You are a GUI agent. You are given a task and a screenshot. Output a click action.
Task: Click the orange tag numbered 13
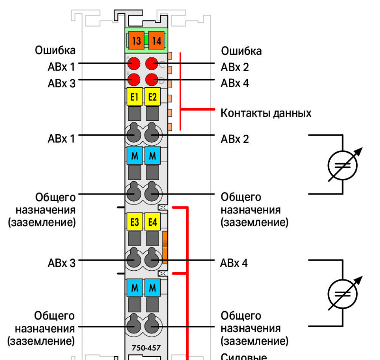pos(136,40)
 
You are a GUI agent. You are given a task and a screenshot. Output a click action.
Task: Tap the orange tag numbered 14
pos(156,40)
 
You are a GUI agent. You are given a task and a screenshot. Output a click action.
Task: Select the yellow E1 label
pos(135,97)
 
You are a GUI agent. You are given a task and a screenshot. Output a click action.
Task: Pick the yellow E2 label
pos(153,97)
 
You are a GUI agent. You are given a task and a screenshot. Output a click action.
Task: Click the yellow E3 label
pos(135,222)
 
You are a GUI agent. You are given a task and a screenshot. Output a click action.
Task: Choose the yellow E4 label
pos(153,222)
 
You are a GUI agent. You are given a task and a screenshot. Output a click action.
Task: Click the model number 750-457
pos(146,348)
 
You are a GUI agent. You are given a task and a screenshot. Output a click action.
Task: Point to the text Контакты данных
pos(266,113)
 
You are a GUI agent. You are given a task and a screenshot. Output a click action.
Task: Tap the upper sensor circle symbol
pos(343,165)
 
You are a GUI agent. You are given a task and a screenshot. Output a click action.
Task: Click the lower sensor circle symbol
pos(343,294)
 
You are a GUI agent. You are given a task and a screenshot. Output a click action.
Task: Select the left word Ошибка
pos(55,50)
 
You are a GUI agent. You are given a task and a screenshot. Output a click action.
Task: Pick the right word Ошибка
pos(241,51)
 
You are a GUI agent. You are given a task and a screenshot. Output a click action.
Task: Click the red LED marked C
pos(152,64)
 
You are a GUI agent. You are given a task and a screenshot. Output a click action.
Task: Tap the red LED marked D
pos(152,80)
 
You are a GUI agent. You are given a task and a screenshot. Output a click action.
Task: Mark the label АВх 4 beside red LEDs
pos(235,83)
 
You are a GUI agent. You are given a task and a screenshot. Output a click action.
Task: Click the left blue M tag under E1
pos(135,156)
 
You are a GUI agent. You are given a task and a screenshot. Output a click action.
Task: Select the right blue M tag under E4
pos(153,288)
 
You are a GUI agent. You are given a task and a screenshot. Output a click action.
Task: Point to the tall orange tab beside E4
pos(165,248)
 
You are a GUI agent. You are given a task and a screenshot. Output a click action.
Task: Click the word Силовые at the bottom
pos(244,357)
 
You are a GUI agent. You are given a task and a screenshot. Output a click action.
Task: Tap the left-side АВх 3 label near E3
pos(62,263)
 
